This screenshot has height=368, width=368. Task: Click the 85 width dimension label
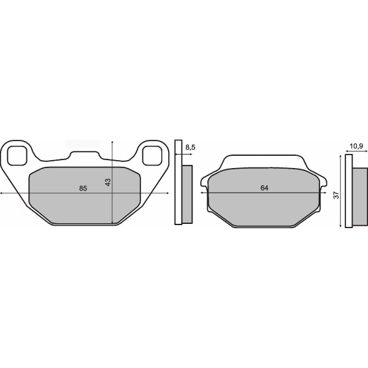coord(83,188)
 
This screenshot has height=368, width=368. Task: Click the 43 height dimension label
coord(108,182)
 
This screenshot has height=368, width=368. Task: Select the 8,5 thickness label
coord(190,147)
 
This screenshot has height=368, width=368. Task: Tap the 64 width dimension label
coord(264,188)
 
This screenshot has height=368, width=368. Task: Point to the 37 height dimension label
coord(336,195)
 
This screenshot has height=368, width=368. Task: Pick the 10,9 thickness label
coord(356,146)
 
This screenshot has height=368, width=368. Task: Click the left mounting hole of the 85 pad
coord(17,156)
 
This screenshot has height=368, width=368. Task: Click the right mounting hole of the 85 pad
coord(152,156)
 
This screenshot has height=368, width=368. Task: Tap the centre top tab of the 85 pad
coord(85,155)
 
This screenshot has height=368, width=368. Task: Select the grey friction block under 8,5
coord(187,193)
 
